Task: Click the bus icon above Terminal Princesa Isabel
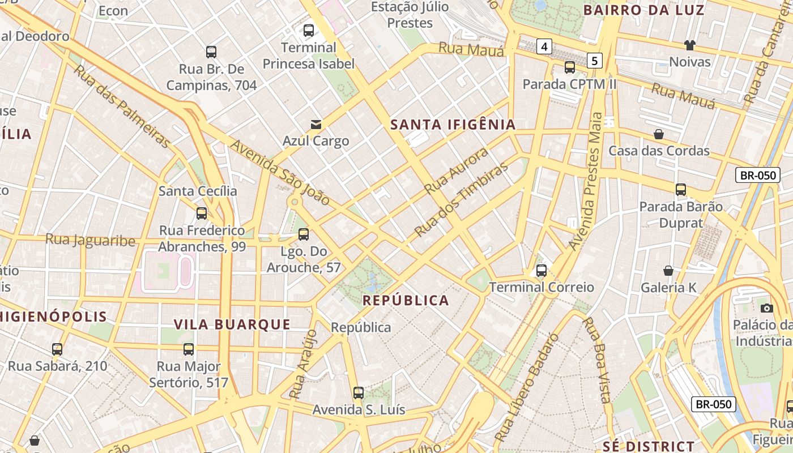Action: click(309, 31)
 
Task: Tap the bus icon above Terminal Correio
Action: click(542, 270)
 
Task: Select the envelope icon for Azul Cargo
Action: click(316, 124)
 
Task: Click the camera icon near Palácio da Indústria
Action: click(767, 308)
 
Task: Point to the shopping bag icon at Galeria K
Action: click(668, 271)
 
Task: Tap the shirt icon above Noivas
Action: click(689, 45)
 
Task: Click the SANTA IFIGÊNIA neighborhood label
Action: click(453, 125)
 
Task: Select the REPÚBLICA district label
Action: click(406, 300)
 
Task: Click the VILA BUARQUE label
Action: click(232, 324)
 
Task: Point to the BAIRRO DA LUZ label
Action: click(644, 10)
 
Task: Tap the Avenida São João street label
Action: click(280, 172)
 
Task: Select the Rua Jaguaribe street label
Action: click(90, 240)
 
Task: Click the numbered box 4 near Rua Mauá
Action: click(544, 46)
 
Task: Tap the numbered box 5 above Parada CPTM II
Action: click(594, 60)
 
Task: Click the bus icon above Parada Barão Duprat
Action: click(681, 190)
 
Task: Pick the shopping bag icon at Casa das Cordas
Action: click(659, 134)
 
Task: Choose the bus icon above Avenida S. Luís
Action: click(359, 392)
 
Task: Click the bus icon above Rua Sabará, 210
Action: click(57, 349)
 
